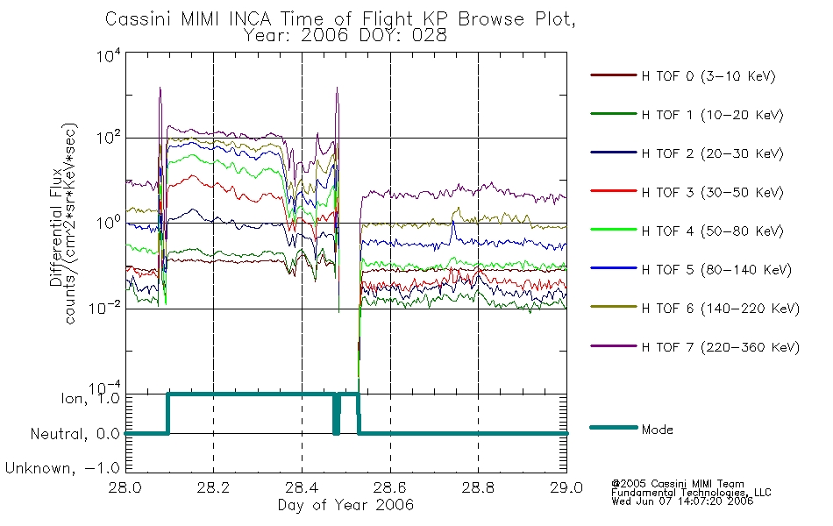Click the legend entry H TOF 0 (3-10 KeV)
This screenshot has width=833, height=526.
(683, 76)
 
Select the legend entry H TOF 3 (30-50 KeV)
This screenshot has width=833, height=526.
(687, 192)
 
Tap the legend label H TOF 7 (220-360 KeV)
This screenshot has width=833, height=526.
(721, 347)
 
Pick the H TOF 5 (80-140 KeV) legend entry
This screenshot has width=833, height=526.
(691, 269)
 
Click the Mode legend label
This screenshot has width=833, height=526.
(657, 430)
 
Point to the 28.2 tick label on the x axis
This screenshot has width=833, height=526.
(214, 487)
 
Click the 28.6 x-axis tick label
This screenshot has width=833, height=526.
(390, 487)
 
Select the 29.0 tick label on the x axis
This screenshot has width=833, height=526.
(566, 487)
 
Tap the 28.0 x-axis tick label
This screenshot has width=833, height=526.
(125, 487)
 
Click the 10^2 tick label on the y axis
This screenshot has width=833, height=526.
(109, 137)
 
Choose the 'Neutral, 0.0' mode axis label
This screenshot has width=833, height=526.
(75, 434)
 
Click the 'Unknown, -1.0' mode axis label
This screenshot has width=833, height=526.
(62, 468)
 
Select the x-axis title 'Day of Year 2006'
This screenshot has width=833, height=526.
(345, 505)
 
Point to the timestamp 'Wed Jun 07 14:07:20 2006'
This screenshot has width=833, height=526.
(682, 501)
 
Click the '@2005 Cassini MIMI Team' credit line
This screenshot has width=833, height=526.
(678, 484)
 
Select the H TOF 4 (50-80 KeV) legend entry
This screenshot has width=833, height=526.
(687, 231)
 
